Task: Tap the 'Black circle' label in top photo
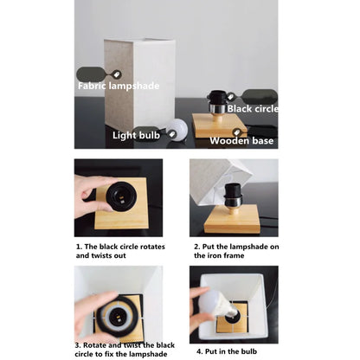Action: point(253,109)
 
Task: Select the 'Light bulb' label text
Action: point(135,135)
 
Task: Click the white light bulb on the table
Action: point(176,130)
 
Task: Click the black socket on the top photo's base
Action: point(217,100)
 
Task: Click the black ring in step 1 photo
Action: point(120,196)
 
